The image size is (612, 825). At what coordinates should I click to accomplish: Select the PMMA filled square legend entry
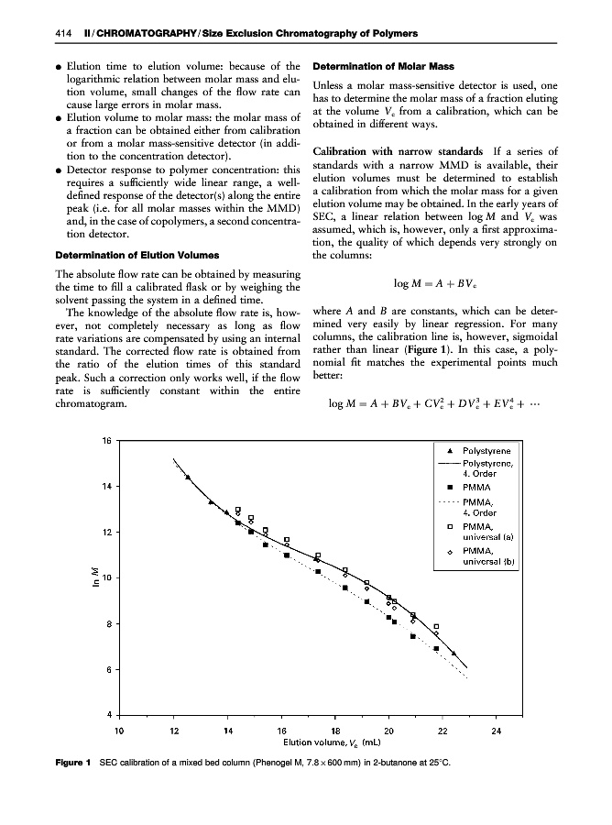477,489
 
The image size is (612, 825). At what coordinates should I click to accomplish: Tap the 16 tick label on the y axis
106,440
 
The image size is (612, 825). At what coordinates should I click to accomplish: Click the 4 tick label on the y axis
109,714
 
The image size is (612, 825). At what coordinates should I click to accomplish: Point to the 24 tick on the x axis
497,731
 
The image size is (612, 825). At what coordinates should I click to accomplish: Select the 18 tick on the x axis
335,731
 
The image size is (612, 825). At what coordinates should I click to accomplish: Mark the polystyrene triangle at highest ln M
188,477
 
